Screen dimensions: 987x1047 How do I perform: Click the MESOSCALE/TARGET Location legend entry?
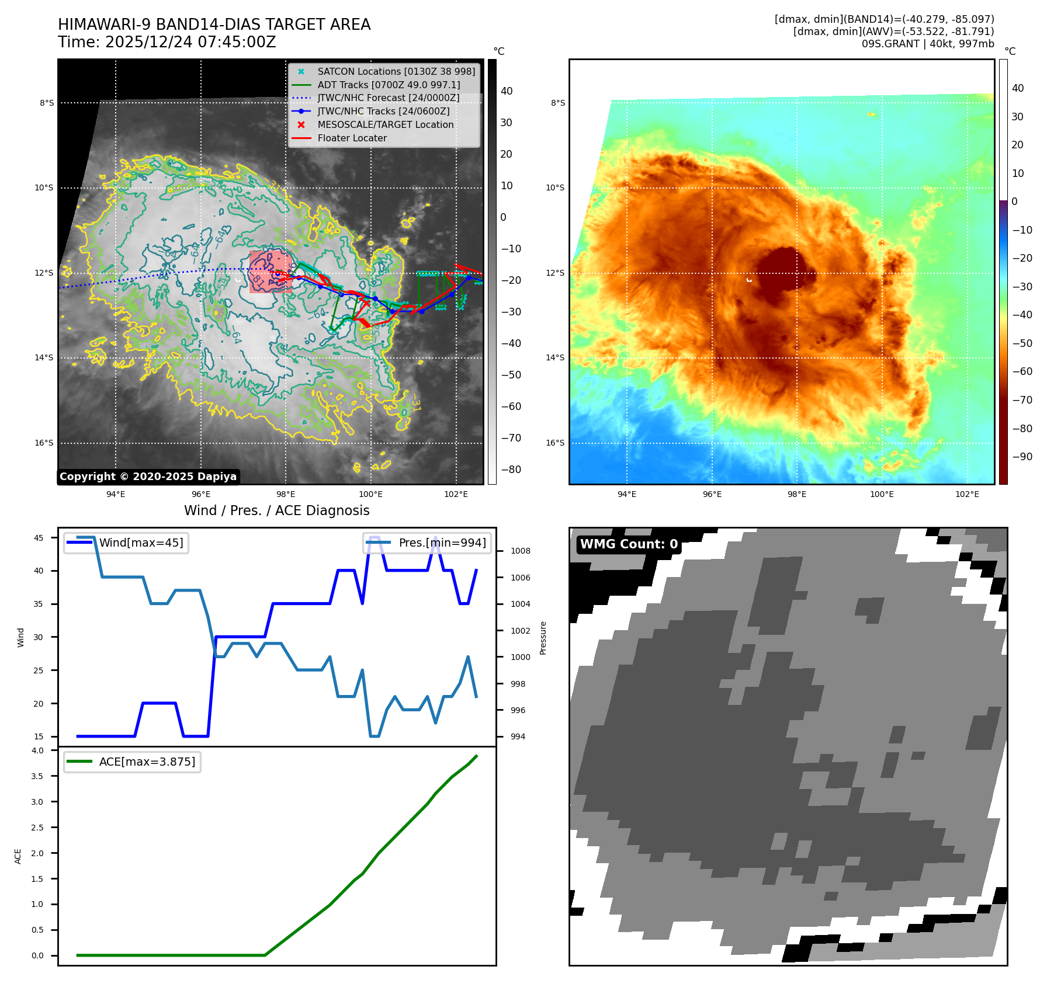pos(385,125)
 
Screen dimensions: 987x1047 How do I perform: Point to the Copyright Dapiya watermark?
pos(148,477)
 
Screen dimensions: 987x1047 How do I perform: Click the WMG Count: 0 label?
pos(629,544)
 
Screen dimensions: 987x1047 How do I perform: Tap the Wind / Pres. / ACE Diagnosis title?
pos(276,510)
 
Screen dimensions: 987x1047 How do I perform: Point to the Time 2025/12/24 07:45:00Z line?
pos(167,42)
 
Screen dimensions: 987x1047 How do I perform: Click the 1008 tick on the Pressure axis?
pos(520,551)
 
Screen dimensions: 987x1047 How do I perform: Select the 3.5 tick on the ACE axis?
pos(37,776)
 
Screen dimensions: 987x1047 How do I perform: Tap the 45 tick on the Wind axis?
pos(39,538)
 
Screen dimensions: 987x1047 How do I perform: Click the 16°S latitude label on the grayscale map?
pos(44,443)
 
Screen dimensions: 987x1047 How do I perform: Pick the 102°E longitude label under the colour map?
pos(967,494)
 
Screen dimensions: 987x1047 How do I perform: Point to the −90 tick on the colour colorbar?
pos(1022,457)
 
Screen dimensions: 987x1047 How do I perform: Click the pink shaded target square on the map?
pos(270,272)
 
